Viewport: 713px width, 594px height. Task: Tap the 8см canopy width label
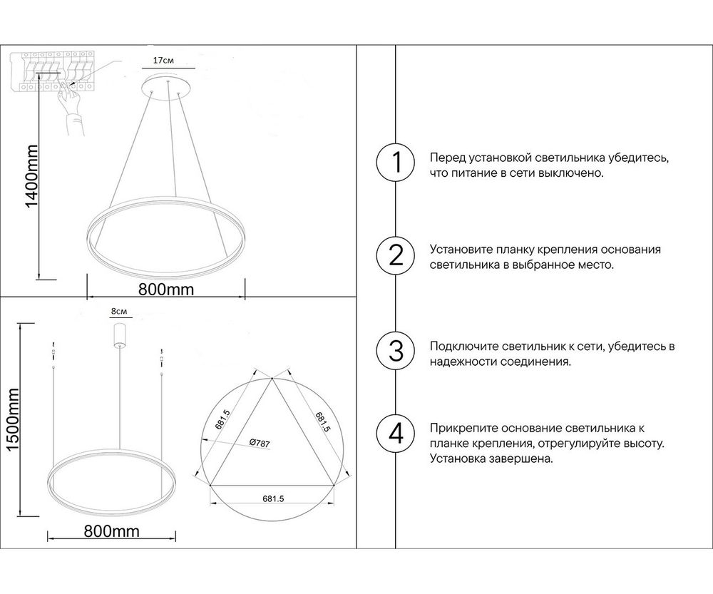click(x=118, y=312)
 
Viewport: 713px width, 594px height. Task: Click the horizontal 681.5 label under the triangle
click(x=274, y=500)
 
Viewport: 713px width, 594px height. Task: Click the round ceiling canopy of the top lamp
click(x=168, y=84)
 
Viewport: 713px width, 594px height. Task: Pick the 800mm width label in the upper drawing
click(x=165, y=290)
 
